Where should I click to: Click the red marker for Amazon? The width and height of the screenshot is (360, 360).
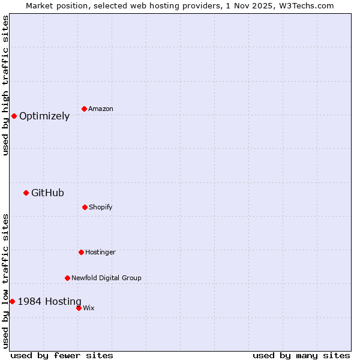coord(84,109)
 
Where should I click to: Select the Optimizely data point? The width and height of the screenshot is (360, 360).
coord(14,116)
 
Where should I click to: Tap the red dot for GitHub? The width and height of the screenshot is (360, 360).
coord(26,193)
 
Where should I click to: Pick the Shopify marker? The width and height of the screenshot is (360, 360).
coord(85,207)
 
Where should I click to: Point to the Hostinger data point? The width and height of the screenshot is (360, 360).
coord(81,252)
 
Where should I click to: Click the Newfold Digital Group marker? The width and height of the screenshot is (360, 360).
coord(67,278)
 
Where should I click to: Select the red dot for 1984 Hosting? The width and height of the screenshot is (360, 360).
coord(12,301)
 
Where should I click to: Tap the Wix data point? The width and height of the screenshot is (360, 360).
coord(79,308)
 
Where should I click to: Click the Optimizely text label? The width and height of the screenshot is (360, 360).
coord(44,116)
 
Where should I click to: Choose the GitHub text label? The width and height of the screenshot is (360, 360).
coord(47,193)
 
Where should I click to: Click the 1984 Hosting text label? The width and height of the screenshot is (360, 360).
coord(49,301)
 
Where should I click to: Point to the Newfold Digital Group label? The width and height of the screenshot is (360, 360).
coord(106,278)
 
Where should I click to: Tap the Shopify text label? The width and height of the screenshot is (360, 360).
coord(100,207)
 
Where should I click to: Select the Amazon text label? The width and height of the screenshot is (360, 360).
coord(100,109)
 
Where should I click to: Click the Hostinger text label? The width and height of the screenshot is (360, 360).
coord(100,252)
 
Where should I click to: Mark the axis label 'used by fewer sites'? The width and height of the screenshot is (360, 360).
coord(62,355)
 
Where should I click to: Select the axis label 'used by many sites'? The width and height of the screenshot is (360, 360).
coord(301,355)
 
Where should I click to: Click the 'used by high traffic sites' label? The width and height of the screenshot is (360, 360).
coord(5,85)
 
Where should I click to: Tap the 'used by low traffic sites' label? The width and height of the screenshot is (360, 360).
coord(5,281)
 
